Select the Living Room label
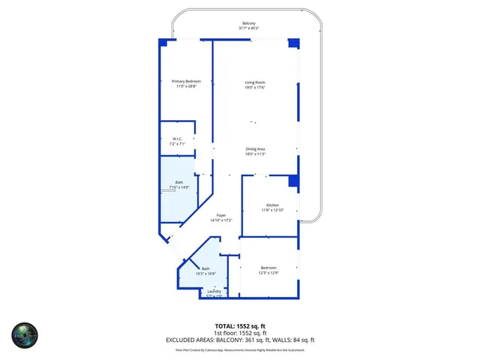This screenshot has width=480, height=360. [x=255, y=82]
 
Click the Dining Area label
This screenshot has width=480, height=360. [x=255, y=148]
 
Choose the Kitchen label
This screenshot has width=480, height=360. [x=273, y=205]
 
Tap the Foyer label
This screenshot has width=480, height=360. [x=221, y=215]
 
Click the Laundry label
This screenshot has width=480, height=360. [x=214, y=291]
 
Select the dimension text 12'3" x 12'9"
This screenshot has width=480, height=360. [x=268, y=273]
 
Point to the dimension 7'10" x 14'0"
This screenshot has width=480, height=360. [x=179, y=187]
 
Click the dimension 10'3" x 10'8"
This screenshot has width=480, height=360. [x=205, y=274]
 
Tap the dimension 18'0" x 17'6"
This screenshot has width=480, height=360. [x=255, y=87]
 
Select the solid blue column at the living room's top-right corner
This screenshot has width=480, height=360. [x=293, y=43]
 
